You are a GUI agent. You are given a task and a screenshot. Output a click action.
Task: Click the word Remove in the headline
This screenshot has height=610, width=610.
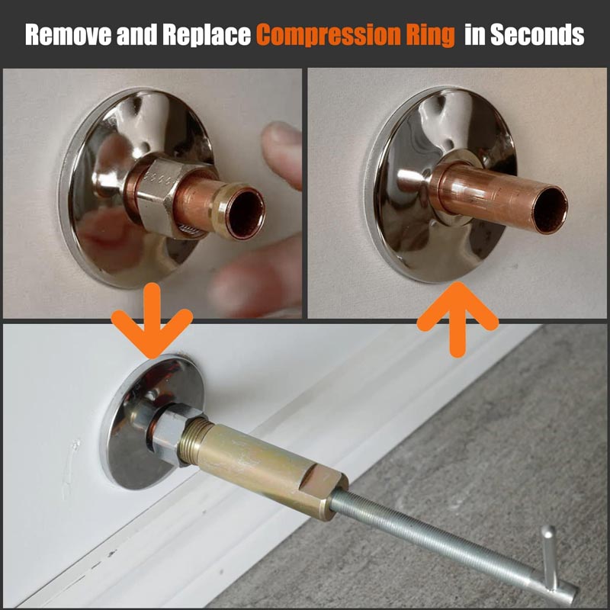click(69, 34)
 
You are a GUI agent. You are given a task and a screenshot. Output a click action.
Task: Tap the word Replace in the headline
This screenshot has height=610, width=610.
click(207, 35)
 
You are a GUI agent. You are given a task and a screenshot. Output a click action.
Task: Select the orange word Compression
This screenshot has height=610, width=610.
click(328, 35)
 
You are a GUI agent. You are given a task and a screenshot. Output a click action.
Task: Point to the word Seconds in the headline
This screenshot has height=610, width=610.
click(538, 35)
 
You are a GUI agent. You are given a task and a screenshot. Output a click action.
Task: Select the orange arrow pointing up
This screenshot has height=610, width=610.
click(457, 319)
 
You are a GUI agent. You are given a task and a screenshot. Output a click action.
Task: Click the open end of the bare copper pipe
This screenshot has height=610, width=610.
click(550, 210)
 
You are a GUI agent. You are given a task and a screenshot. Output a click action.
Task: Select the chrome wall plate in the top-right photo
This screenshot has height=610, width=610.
click(440, 185)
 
